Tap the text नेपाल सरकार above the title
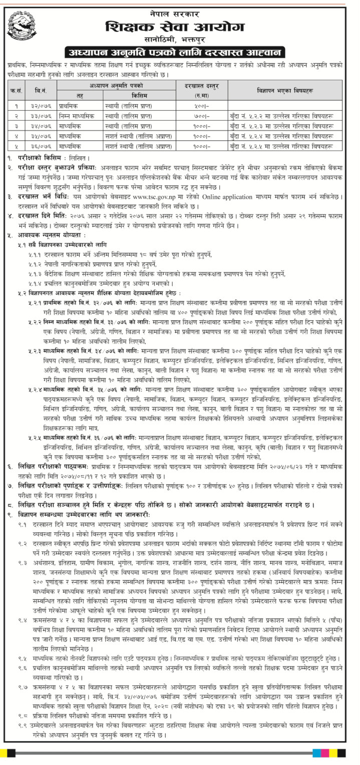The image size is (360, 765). tap(179, 10)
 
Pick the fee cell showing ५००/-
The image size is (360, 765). tap(202, 106)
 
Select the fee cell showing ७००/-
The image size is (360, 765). tap(202, 116)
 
